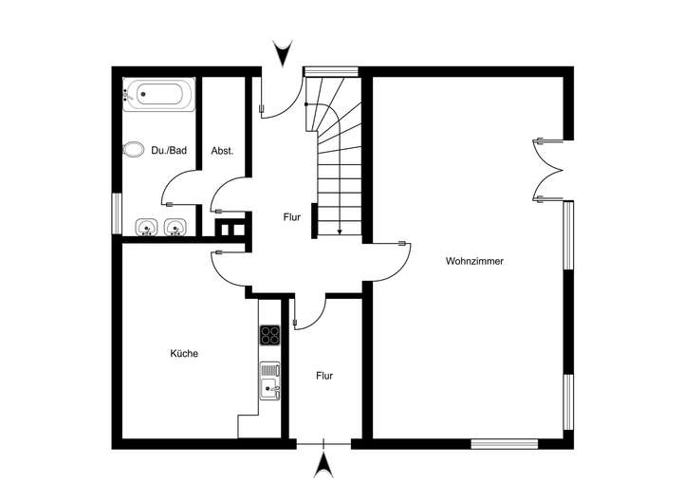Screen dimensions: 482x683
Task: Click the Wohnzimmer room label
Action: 473,260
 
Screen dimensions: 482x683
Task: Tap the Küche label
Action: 184,353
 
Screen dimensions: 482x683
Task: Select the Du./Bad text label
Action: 169,150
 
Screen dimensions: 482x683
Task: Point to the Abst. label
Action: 222,150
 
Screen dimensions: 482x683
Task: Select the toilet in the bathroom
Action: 133,150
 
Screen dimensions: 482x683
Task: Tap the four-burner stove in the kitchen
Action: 270,335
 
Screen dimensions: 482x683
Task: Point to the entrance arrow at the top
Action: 282,53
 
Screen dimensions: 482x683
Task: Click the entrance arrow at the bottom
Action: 324,464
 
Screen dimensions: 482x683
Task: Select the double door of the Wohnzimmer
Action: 548,170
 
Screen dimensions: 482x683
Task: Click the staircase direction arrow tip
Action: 340,232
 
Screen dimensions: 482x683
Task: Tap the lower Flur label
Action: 324,376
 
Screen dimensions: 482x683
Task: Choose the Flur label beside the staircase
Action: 291,217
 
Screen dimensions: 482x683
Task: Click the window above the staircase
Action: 330,70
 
